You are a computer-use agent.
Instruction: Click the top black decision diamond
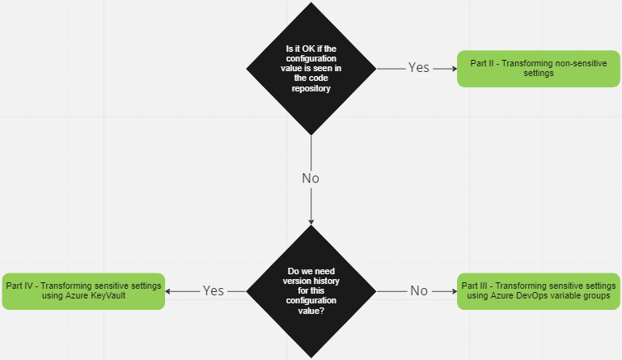point(311,68)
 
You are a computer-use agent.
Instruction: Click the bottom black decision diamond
point(311,291)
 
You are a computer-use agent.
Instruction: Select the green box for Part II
point(538,68)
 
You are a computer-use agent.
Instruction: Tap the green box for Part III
point(538,291)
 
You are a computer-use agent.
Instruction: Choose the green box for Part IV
point(84,291)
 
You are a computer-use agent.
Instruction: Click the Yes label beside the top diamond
point(418,68)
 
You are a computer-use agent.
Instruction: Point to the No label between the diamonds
point(311,178)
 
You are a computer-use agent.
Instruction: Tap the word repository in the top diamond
point(311,89)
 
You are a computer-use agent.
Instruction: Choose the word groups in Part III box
point(594,297)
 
